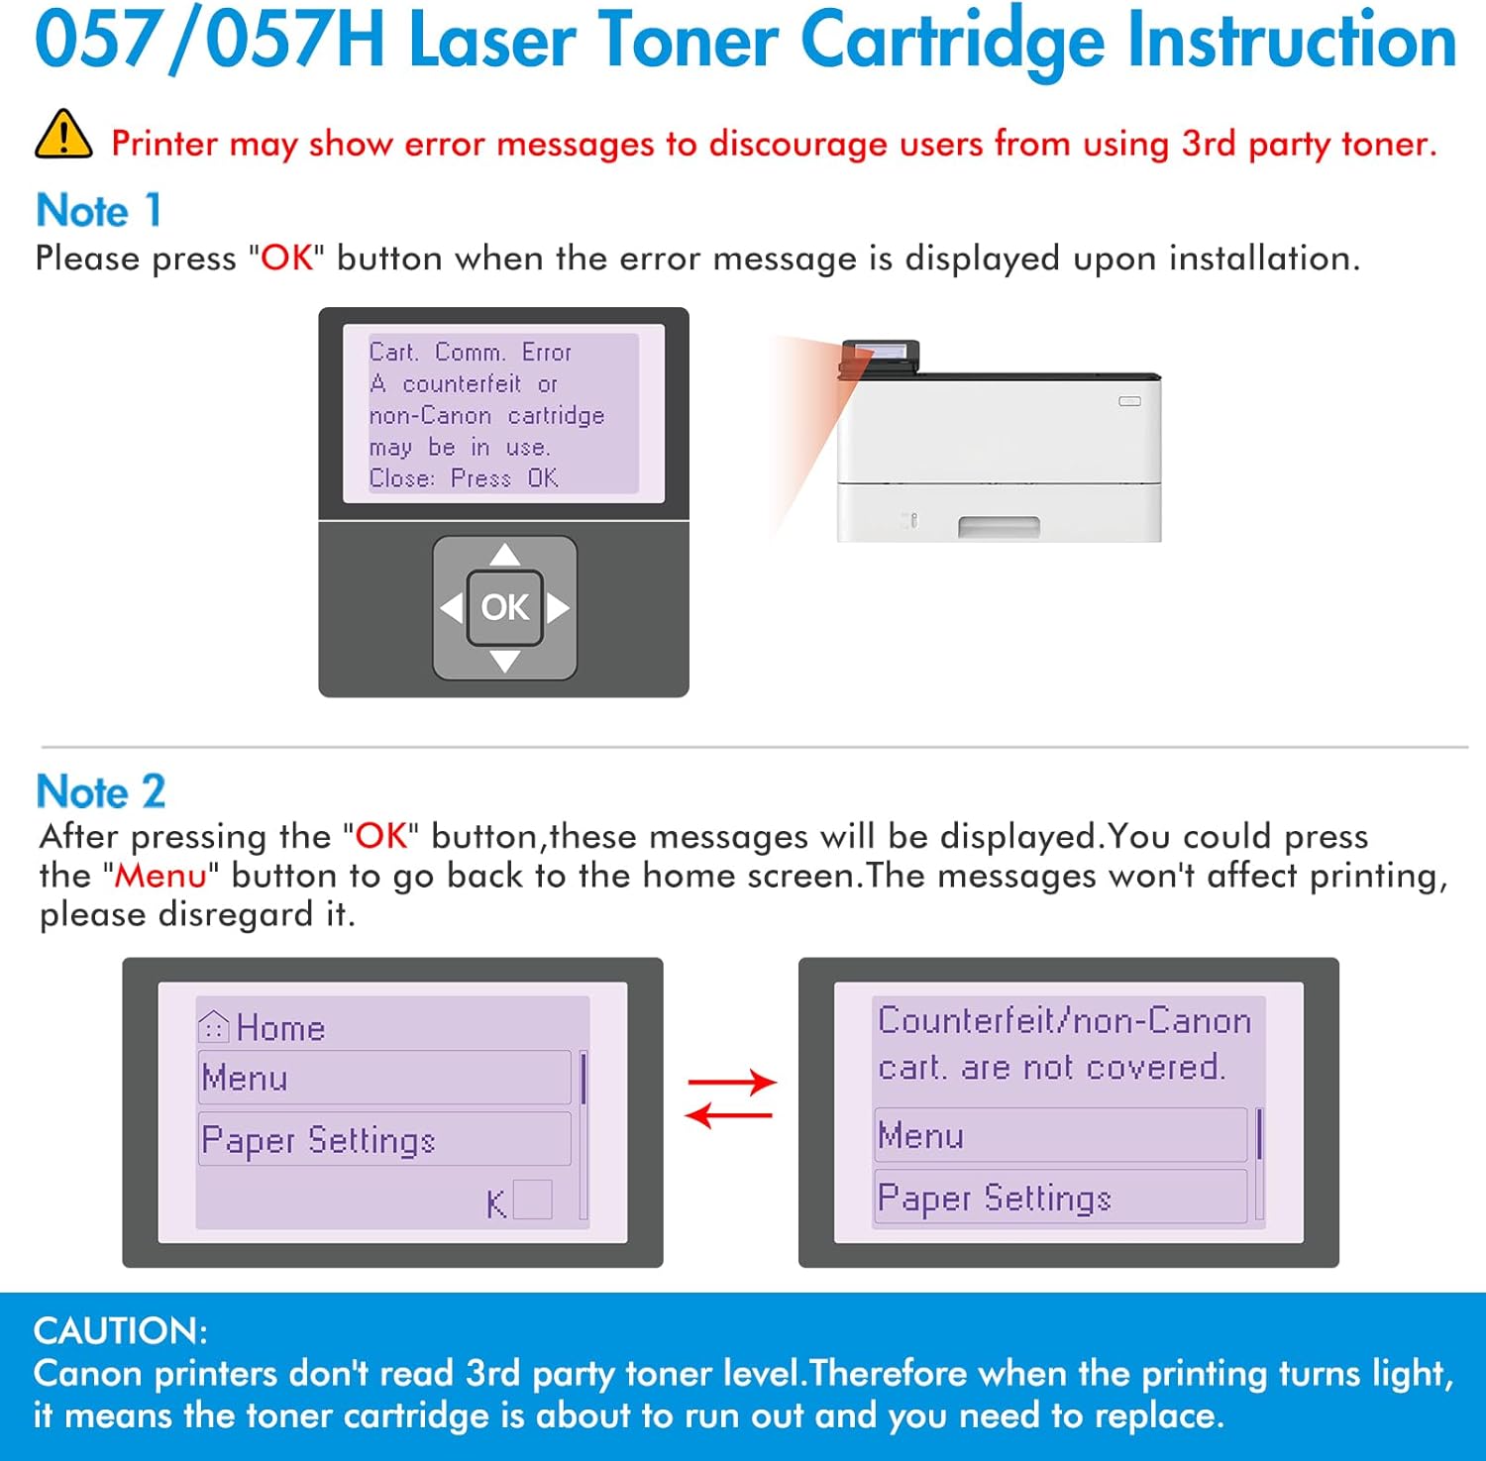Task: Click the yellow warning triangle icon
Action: [x=63, y=136]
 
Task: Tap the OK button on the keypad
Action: [x=504, y=607]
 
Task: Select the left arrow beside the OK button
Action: [x=452, y=607]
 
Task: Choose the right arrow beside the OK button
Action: [x=558, y=607]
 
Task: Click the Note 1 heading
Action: [x=98, y=211]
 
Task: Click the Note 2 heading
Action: [x=100, y=791]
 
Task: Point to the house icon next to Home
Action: [x=213, y=1026]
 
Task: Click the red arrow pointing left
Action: [x=729, y=1116]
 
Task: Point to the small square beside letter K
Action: [x=532, y=1200]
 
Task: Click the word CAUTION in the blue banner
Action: [x=120, y=1330]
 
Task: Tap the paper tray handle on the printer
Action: [x=999, y=527]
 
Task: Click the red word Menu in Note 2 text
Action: [x=160, y=876]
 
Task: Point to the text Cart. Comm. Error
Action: [x=470, y=353]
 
